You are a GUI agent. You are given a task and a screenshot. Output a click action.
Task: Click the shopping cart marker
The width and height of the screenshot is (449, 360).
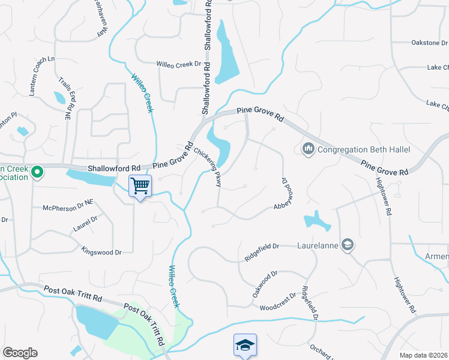pyautogui.click(x=140, y=186)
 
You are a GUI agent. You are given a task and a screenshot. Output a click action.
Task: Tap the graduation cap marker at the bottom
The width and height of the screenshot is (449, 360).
pyautogui.click(x=245, y=346)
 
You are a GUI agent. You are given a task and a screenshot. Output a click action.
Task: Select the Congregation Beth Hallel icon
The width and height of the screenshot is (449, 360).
pyautogui.click(x=309, y=148)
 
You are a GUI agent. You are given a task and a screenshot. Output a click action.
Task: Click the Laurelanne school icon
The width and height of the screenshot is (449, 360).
pyautogui.click(x=347, y=244)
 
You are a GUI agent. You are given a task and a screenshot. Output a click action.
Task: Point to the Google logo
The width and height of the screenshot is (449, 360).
pyautogui.click(x=20, y=353)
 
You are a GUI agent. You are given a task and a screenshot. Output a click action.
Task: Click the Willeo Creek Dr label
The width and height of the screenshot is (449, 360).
pyautogui.click(x=178, y=64)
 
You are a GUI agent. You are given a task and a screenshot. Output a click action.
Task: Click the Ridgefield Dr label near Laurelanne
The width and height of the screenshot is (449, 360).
pyautogui.click(x=262, y=250)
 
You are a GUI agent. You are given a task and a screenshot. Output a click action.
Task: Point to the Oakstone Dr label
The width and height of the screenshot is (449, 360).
pyautogui.click(x=429, y=43)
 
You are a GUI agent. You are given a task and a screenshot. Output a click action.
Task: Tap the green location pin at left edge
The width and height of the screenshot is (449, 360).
pyautogui.click(x=37, y=173)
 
